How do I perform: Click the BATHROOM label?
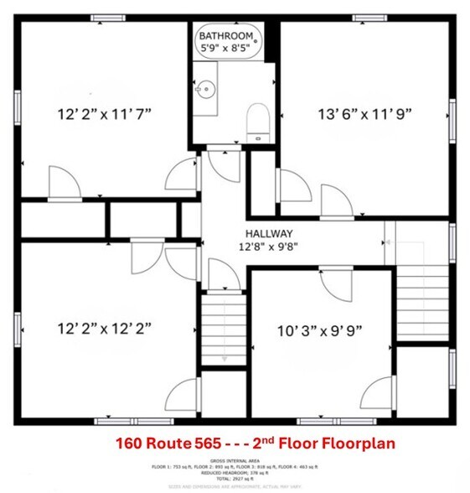pyautogui.click(x=226, y=36)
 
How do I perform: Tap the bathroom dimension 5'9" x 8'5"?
pyautogui.click(x=226, y=49)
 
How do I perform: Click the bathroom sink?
pyautogui.click(x=205, y=86)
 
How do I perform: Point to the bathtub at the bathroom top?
pyautogui.click(x=230, y=42)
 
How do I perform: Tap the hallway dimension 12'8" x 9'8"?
pyautogui.click(x=267, y=246)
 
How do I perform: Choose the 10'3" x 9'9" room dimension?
pyautogui.click(x=319, y=330)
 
